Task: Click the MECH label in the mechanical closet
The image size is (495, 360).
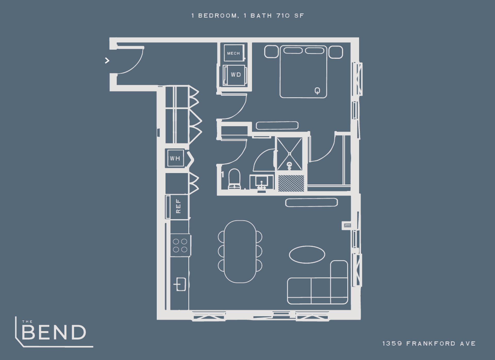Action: (233, 53)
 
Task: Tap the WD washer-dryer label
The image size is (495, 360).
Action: (236, 75)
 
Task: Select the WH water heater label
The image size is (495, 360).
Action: (175, 158)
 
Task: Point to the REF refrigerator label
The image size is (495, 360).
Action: (178, 206)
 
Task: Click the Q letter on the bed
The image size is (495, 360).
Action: (317, 91)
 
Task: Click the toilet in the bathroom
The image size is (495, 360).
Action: (234, 179)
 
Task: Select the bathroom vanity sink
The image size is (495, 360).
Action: (262, 182)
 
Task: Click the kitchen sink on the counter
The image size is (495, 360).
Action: (180, 284)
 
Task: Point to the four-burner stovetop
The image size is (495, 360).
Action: (180, 245)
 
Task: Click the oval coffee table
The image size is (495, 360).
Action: (307, 254)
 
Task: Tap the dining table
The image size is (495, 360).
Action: (240, 252)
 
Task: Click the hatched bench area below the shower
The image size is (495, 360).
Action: (291, 183)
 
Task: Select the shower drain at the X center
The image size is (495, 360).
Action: (290, 154)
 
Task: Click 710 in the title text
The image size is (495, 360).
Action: (283, 15)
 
